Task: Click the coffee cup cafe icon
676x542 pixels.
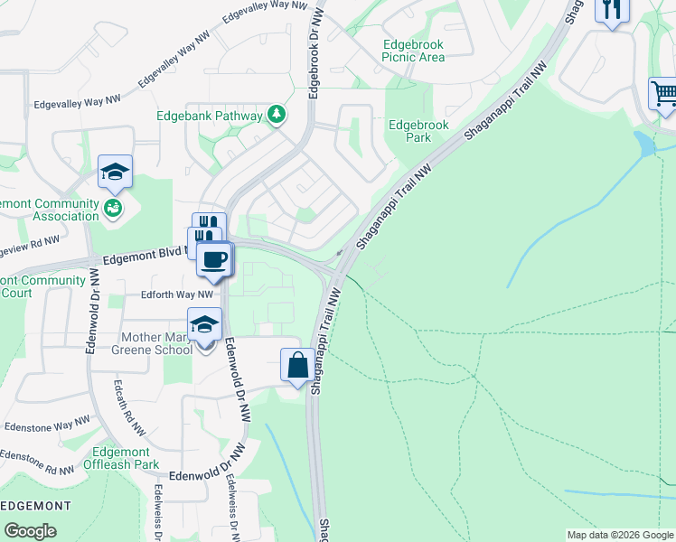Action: pyautogui.click(x=214, y=260)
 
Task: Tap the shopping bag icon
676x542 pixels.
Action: pyautogui.click(x=297, y=365)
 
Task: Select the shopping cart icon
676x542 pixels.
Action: pyautogui.click(x=664, y=94)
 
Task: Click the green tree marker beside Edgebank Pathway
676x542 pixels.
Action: pyautogui.click(x=277, y=115)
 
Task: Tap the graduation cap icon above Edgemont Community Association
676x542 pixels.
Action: pyautogui.click(x=115, y=172)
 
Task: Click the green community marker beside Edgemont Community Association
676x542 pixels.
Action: pyautogui.click(x=113, y=209)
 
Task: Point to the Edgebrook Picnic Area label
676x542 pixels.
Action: pyautogui.click(x=413, y=51)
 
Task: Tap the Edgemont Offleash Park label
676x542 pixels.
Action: pyautogui.click(x=126, y=458)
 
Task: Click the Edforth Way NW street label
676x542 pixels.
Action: pyautogui.click(x=176, y=294)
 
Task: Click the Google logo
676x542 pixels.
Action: pyautogui.click(x=31, y=531)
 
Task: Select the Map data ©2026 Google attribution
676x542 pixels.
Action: pyautogui.click(x=620, y=535)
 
